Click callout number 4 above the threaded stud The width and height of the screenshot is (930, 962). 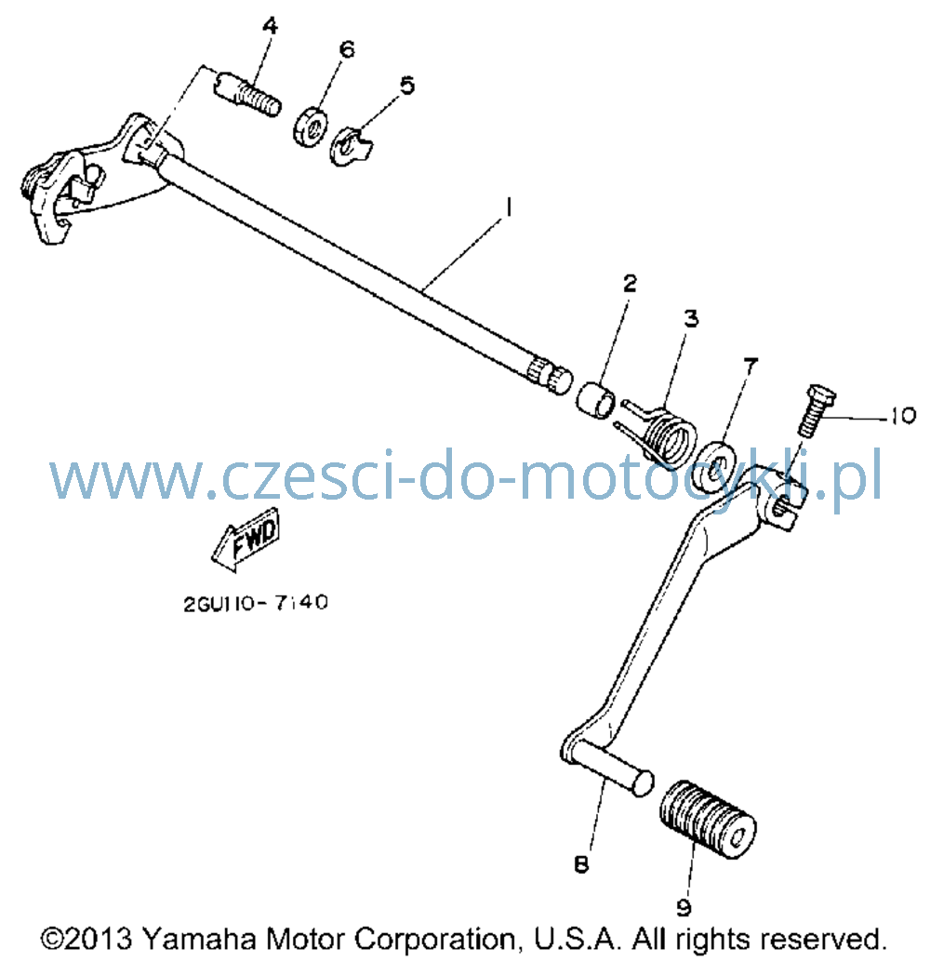click(270, 26)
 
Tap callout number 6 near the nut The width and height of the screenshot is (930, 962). click(347, 49)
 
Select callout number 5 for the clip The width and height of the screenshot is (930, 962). click(407, 86)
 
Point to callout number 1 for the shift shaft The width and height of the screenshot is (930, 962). click(508, 207)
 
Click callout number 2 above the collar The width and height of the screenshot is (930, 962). click(630, 284)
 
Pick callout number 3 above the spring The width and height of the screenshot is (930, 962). click(691, 318)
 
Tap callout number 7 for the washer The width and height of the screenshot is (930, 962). click(751, 366)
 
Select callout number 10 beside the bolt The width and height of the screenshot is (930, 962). click(902, 416)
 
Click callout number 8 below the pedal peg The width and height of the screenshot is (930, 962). click(581, 864)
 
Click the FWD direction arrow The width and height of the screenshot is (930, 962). click(246, 539)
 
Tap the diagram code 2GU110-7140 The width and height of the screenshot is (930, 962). click(255, 603)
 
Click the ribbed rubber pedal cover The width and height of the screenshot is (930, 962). click(708, 819)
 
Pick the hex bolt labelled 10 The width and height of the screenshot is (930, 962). click(816, 410)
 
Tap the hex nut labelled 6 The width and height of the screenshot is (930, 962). click(311, 127)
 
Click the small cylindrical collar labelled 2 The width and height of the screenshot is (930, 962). click(595, 401)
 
